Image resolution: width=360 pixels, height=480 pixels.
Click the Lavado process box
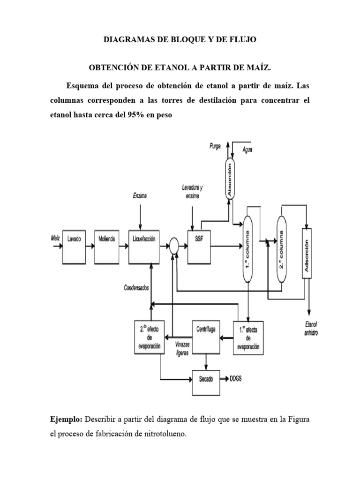[x=74, y=246]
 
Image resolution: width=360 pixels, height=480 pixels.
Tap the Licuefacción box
[x=149, y=246]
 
